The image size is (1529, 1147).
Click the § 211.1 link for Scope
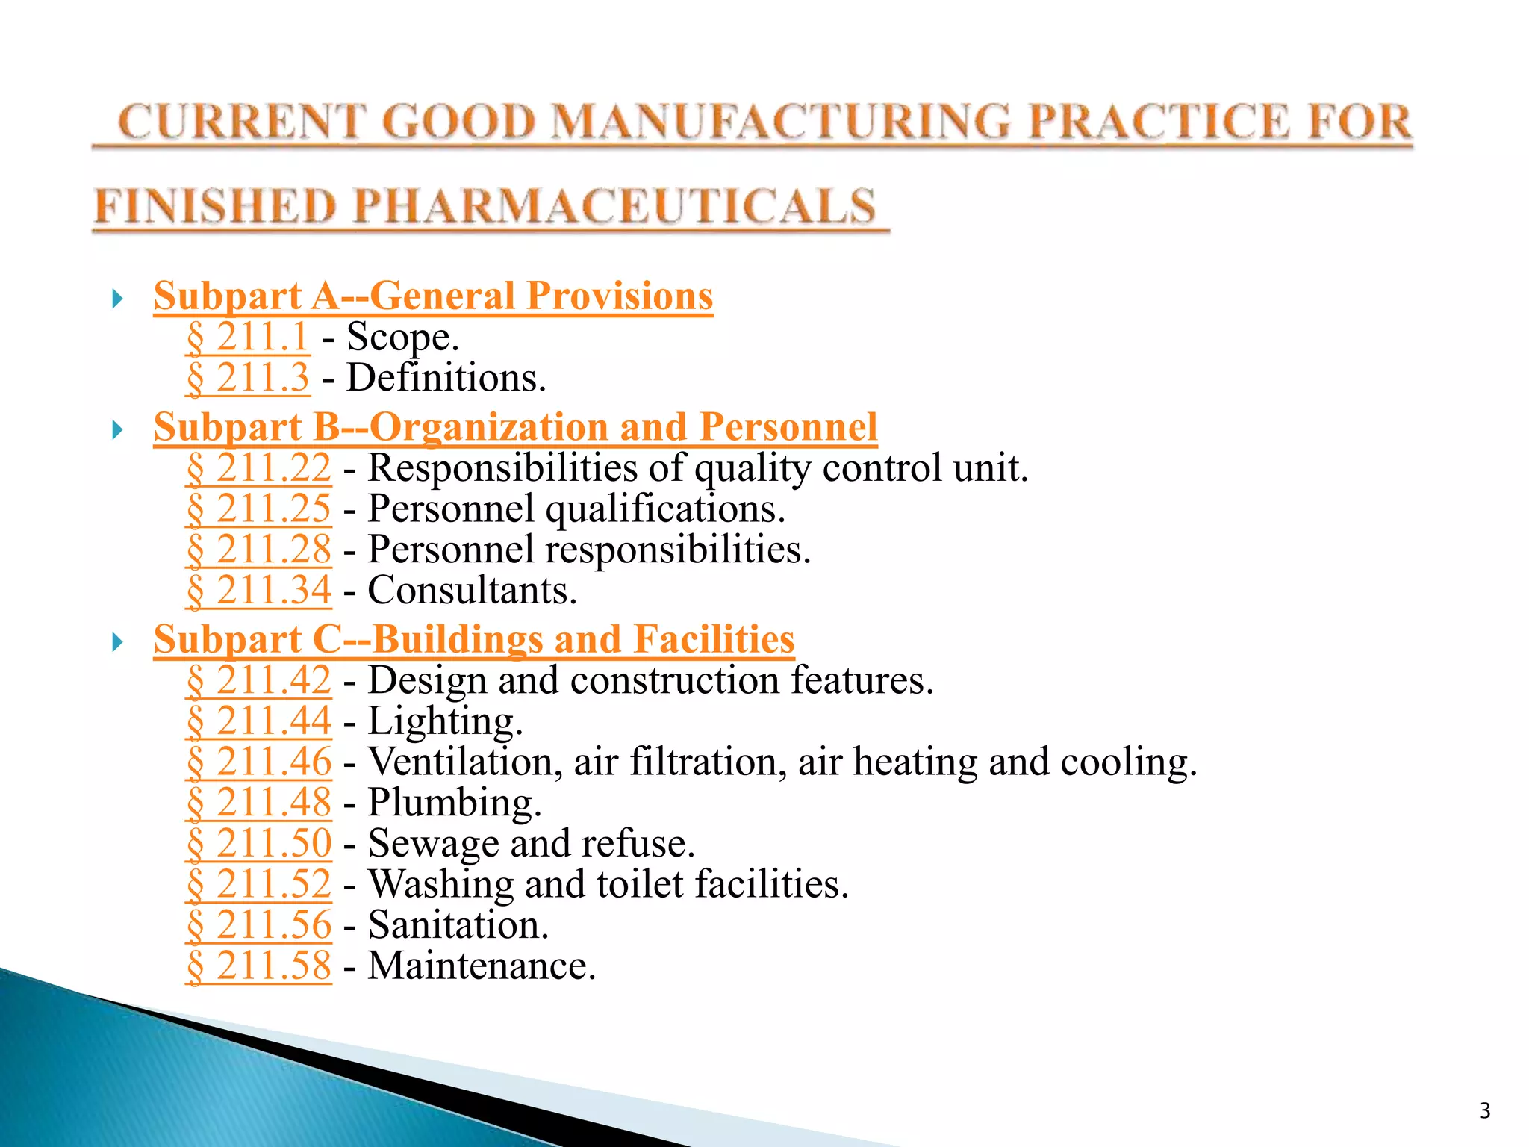tap(247, 338)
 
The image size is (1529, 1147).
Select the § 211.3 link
tap(247, 378)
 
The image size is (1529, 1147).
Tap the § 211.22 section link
tap(258, 469)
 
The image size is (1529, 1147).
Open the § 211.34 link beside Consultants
tap(258, 591)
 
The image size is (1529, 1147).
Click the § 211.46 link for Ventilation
tap(258, 762)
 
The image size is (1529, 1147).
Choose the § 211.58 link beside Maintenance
tap(258, 966)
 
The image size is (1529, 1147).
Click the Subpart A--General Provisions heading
tap(433, 296)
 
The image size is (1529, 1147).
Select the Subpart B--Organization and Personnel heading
tap(515, 428)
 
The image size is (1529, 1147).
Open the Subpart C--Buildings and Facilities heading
tap(474, 640)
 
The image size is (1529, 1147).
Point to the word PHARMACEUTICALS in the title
tap(614, 207)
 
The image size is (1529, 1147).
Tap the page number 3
tap(1485, 1111)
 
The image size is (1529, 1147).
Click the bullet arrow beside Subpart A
tap(117, 300)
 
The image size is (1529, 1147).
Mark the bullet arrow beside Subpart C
tap(117, 642)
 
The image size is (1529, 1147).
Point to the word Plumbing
tap(454, 803)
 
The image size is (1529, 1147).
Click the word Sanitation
tap(458, 926)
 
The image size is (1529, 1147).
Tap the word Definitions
tap(446, 378)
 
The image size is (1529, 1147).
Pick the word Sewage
tap(434, 845)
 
